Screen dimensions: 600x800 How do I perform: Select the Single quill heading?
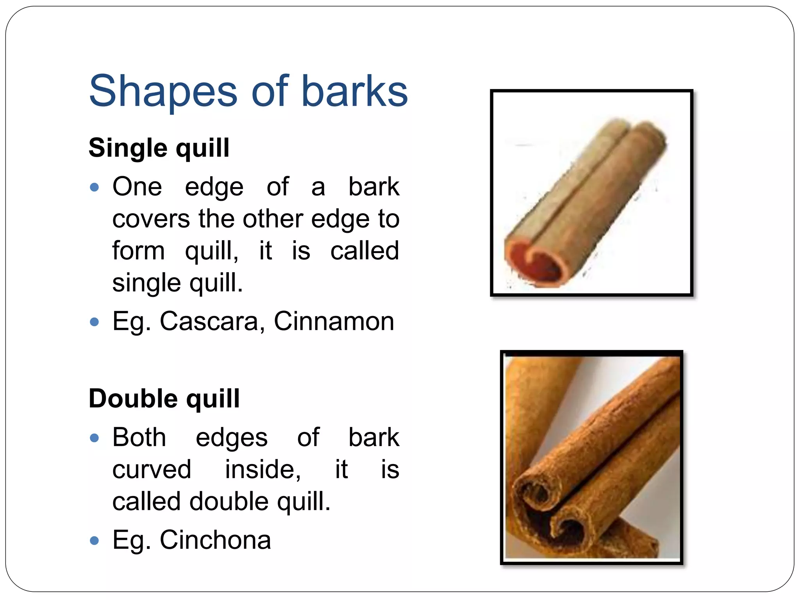[x=159, y=148]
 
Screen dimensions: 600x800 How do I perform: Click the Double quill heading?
[x=164, y=399]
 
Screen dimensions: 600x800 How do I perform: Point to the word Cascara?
[x=209, y=321]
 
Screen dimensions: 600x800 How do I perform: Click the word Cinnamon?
[x=334, y=321]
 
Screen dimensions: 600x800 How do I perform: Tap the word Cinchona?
[x=215, y=540]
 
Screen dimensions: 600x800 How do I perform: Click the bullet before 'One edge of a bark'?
[x=94, y=187]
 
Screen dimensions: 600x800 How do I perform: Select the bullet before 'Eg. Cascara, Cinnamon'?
[x=94, y=322]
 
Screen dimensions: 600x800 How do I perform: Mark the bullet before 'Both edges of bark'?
[x=94, y=438]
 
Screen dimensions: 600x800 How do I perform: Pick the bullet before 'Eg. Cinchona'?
[x=94, y=541]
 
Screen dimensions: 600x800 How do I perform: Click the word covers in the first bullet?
[x=151, y=219]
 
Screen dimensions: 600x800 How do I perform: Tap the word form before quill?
[x=138, y=251]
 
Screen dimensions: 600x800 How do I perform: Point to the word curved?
[x=152, y=470]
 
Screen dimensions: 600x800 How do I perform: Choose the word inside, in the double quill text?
[x=263, y=470]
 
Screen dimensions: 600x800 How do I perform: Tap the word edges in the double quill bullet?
[x=232, y=438]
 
